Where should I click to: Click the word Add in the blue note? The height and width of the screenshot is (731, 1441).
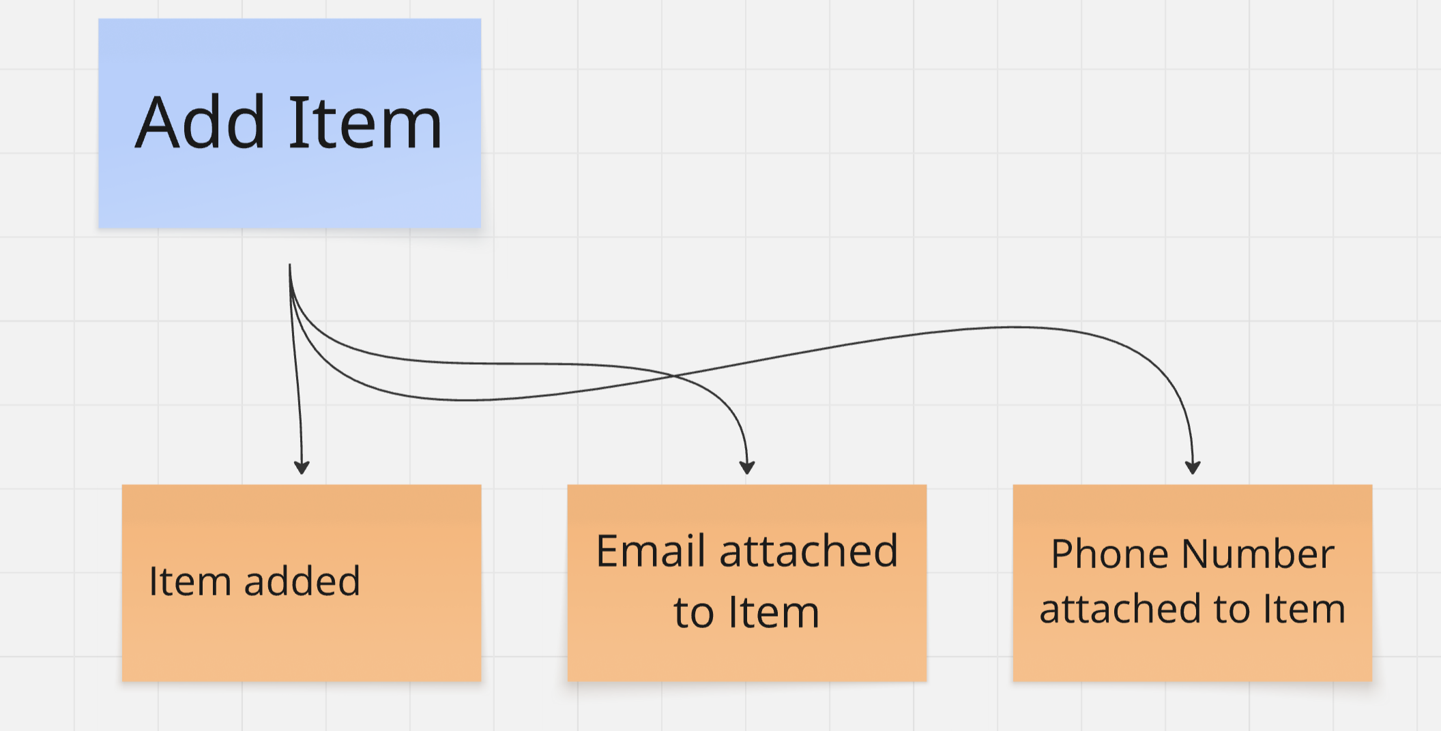(200, 123)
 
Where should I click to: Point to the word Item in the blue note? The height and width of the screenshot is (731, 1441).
(366, 123)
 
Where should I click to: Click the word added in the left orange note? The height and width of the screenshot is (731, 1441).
(302, 582)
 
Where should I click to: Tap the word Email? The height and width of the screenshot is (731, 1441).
(650, 551)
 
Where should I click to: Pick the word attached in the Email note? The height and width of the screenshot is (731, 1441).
(809, 551)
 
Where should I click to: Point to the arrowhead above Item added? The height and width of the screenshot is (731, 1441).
(302, 468)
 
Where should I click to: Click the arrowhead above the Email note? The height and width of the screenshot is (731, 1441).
(747, 468)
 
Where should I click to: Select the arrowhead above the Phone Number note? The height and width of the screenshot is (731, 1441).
(1193, 468)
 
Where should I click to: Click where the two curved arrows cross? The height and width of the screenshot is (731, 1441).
(673, 376)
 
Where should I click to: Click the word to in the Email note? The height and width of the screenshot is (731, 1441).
(693, 612)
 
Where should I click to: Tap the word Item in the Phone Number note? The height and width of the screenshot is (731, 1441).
(1303, 609)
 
